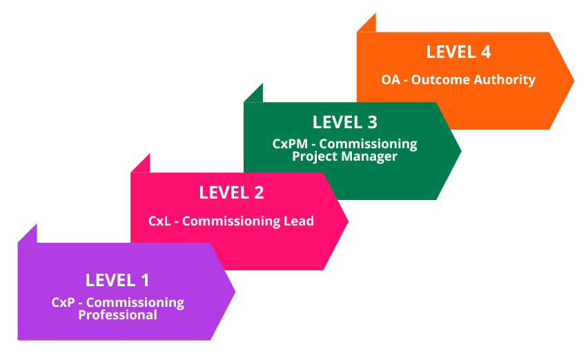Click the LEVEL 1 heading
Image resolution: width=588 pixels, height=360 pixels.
tap(117, 280)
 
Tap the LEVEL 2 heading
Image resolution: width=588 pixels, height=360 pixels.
tap(231, 192)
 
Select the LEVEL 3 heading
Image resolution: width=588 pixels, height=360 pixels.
tap(344, 122)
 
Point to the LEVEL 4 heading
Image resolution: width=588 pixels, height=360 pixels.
tap(458, 52)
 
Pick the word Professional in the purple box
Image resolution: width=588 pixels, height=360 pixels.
tap(117, 315)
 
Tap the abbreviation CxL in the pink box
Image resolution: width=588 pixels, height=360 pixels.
tap(160, 221)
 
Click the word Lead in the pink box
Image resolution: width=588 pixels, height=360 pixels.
tap(298, 221)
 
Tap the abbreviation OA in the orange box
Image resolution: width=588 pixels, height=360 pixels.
tap(391, 80)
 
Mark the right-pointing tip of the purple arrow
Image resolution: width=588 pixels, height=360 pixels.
tap(234, 291)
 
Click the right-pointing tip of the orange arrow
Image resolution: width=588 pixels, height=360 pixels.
tap(573, 80)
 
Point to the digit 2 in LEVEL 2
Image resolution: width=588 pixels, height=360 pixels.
tap(258, 192)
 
